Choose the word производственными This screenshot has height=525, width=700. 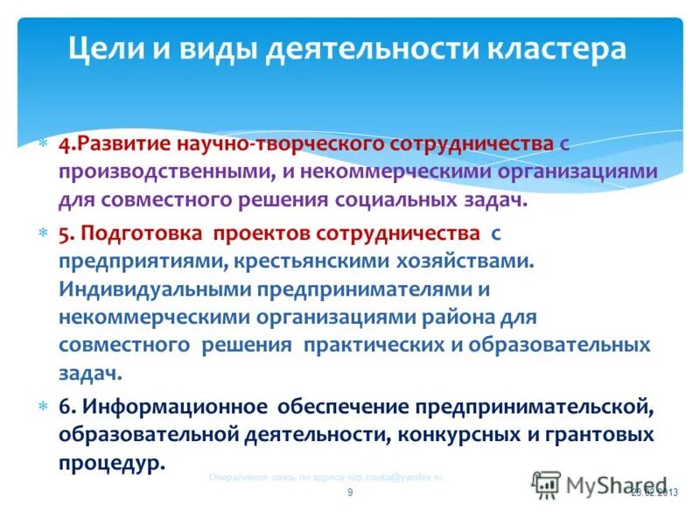tap(150, 171)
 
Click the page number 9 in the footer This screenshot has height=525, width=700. tap(350, 493)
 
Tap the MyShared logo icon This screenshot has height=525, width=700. tap(546, 483)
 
